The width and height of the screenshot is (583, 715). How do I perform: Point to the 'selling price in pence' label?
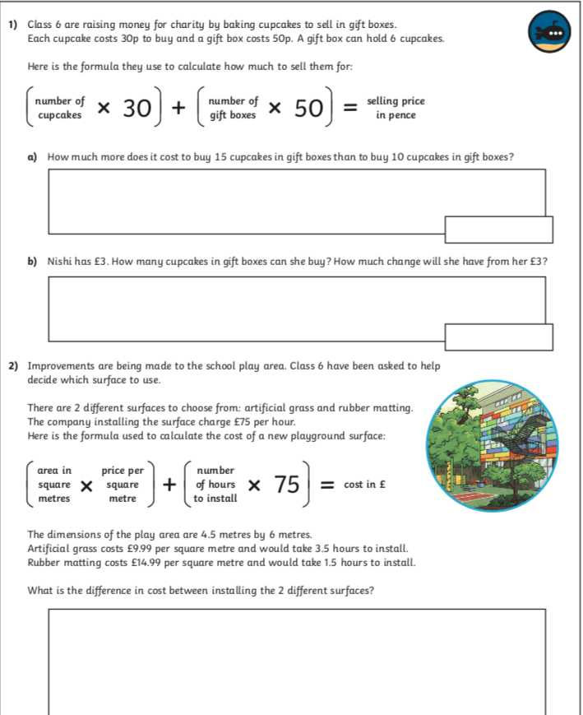[x=396, y=108]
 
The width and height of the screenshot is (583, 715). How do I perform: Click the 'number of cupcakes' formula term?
[x=59, y=109]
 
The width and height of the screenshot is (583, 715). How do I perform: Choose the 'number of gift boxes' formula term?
[x=233, y=109]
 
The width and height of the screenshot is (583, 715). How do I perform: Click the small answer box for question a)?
[x=498, y=229]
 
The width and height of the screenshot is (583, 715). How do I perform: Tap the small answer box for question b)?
[x=498, y=336]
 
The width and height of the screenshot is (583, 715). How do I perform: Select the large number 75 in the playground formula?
[x=287, y=485]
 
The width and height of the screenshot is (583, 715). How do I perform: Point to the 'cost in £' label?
[x=365, y=485]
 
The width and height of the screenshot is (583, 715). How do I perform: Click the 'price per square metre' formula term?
[x=123, y=485]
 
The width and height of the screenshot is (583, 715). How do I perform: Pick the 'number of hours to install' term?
[x=215, y=485]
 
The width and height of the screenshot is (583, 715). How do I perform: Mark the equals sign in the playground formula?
[x=326, y=485]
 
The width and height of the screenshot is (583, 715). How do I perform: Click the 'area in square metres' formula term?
[x=54, y=485]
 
